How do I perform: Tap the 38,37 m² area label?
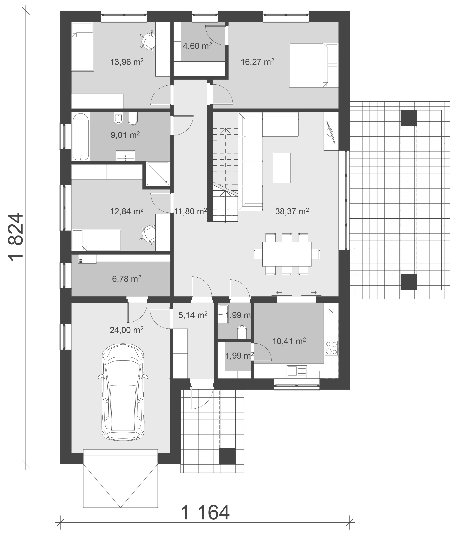(x=292, y=211)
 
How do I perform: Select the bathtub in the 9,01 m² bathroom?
(x=81, y=137)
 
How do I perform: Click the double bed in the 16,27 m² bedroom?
(x=313, y=65)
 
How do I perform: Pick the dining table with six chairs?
(x=287, y=254)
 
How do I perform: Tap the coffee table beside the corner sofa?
(x=282, y=168)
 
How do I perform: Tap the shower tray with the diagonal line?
(x=158, y=174)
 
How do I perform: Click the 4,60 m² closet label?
(x=197, y=46)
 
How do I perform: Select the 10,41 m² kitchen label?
(x=289, y=341)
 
